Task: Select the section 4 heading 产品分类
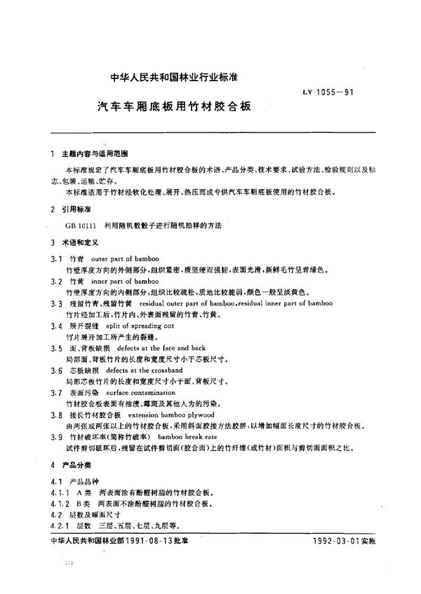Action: tap(76, 465)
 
